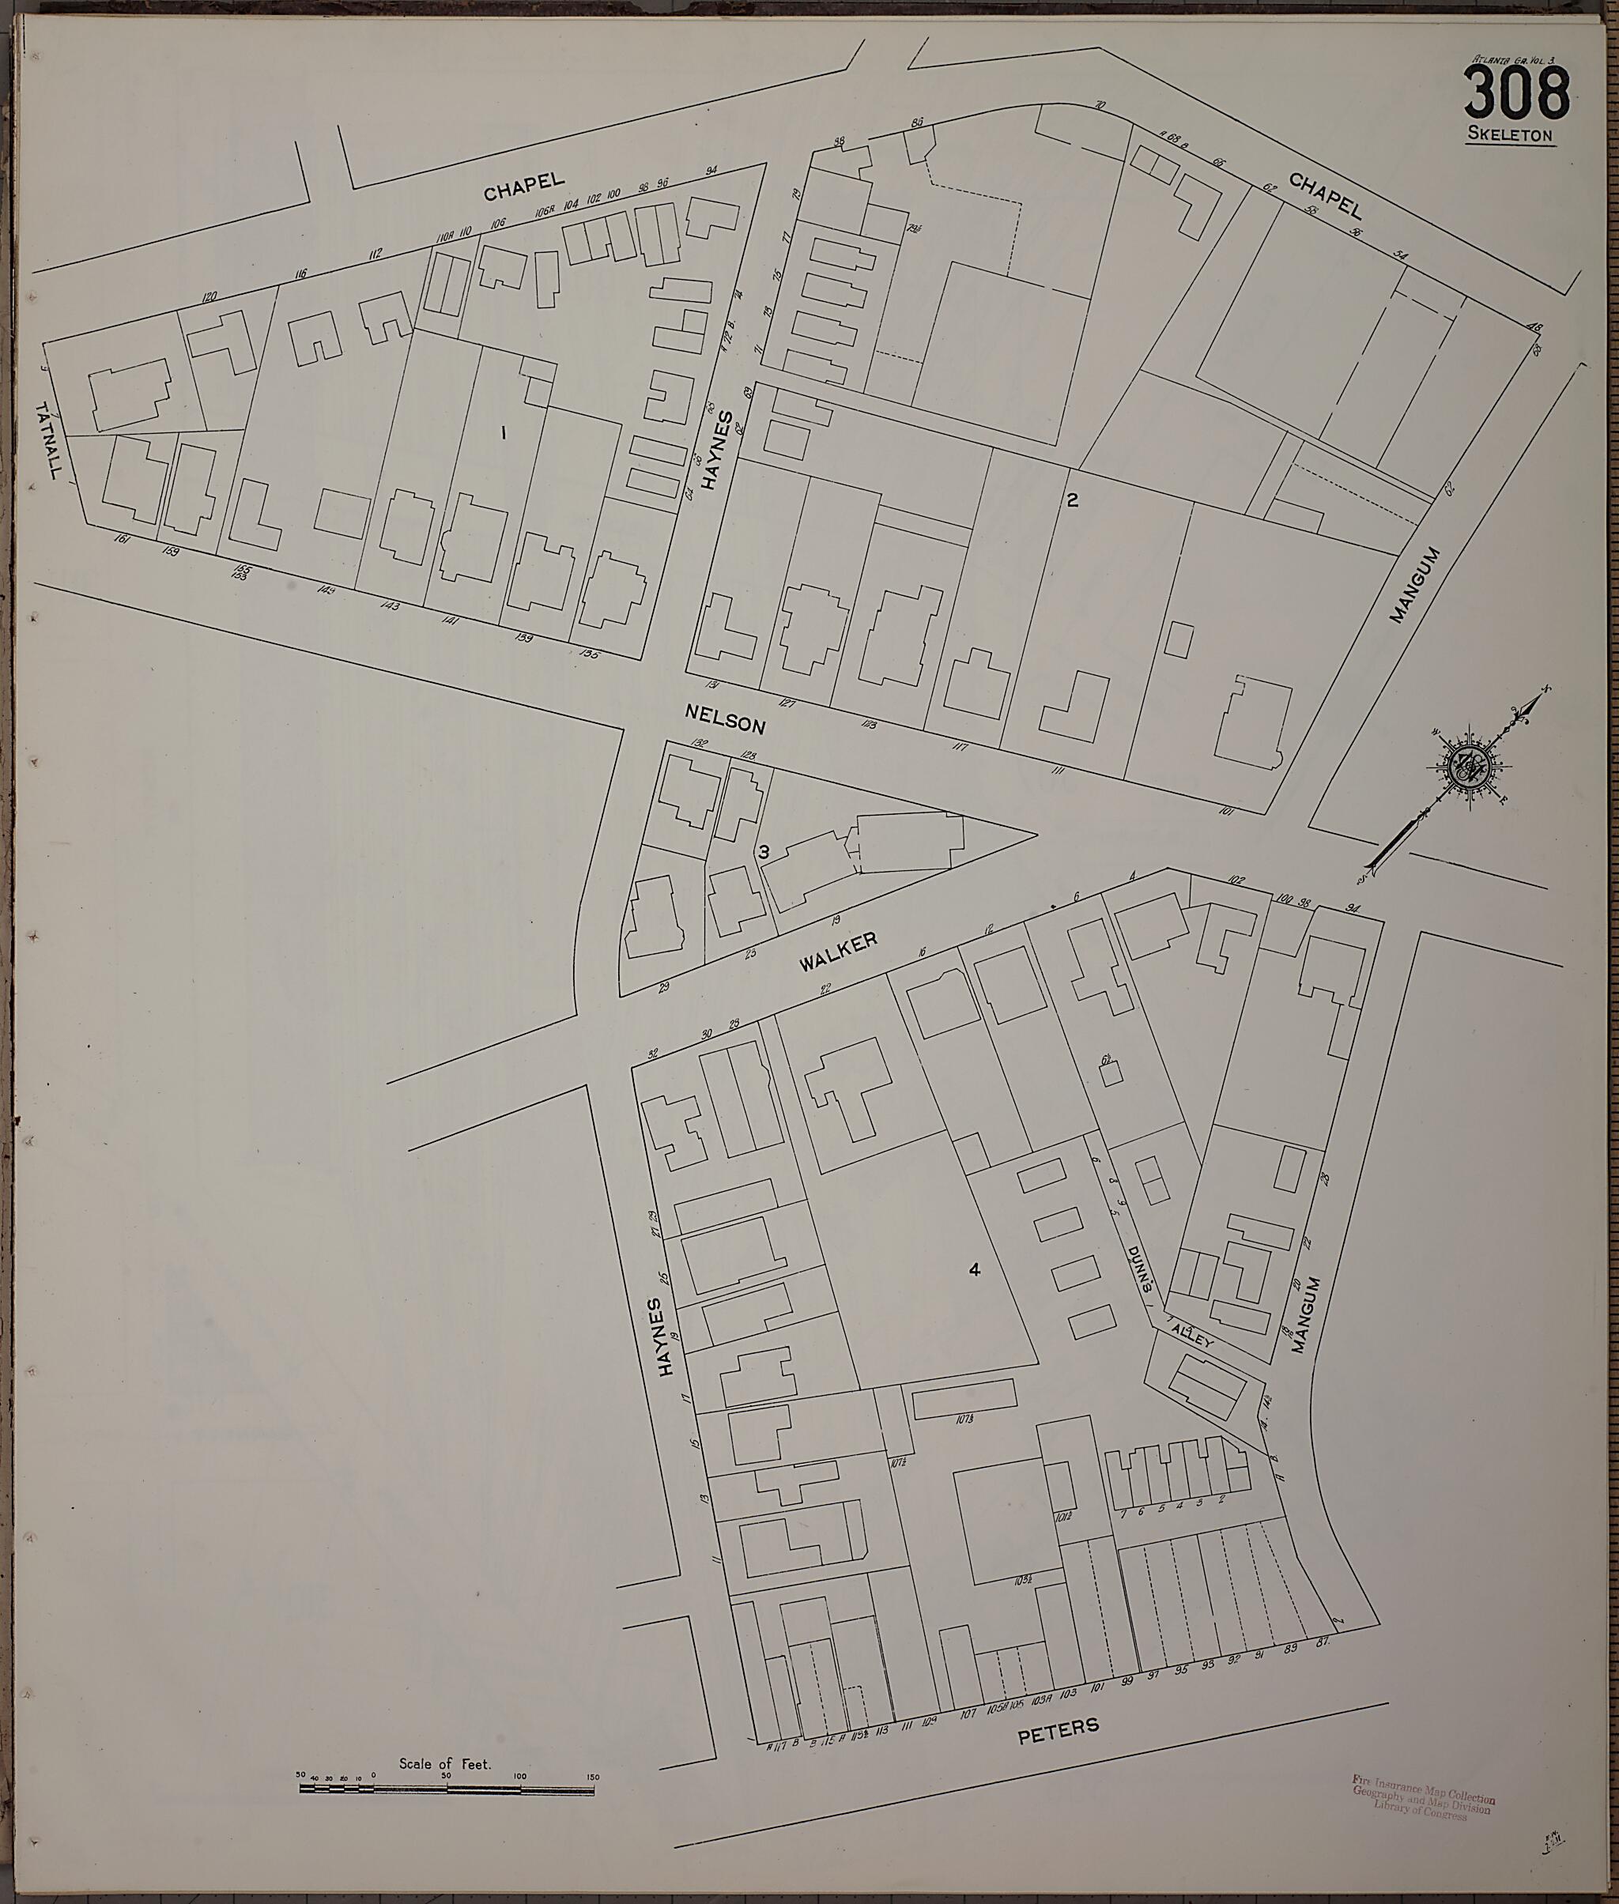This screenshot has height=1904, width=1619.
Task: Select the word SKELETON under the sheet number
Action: pyautogui.click(x=1510, y=135)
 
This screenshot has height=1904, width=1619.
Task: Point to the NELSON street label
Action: pyautogui.click(x=725, y=718)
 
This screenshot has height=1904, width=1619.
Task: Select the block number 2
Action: pyautogui.click(x=1071, y=501)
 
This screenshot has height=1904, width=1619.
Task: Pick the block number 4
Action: pyautogui.click(x=975, y=1270)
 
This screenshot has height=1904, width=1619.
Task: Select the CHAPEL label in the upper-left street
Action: pyautogui.click(x=523, y=187)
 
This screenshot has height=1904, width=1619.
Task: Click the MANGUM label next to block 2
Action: pyautogui.click(x=1414, y=586)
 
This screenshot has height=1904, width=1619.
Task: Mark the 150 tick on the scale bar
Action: pyautogui.click(x=593, y=1778)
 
